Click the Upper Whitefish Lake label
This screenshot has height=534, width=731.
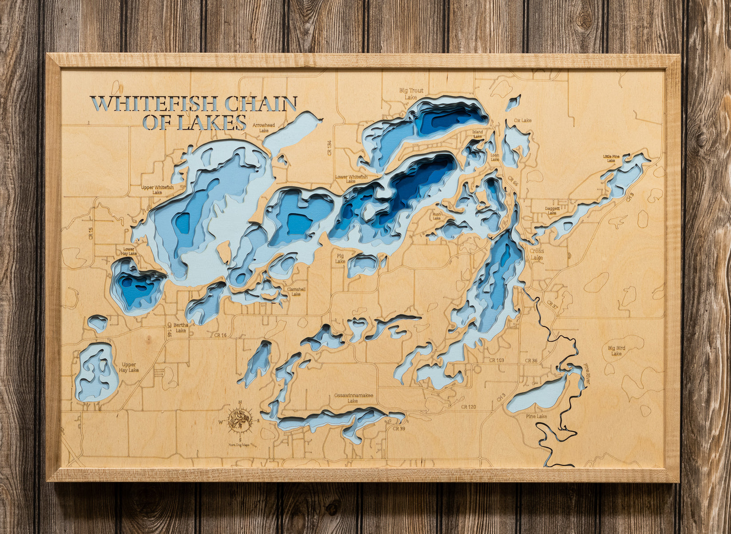pos(157,190)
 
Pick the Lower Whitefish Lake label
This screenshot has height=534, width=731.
pos(351,179)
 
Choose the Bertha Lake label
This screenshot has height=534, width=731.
pos(181,328)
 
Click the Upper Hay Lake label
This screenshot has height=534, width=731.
pos(129,367)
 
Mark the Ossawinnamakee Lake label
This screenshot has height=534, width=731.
pos(354,397)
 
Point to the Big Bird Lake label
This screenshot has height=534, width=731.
pos(616,350)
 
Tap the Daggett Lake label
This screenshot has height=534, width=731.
pos(552,211)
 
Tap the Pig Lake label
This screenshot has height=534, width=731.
pos(340,259)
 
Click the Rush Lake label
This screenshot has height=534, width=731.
pos(437,216)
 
